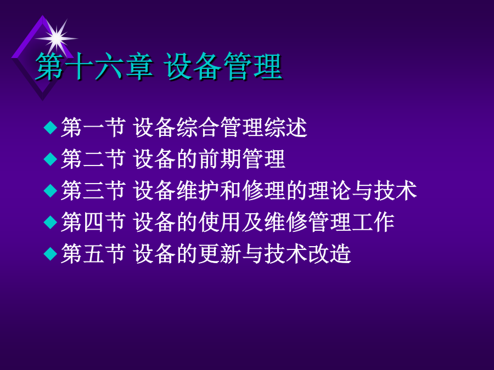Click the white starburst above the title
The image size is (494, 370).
57,38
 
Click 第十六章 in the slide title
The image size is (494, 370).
94,66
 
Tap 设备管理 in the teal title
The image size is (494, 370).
223,66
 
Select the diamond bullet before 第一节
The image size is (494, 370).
50,127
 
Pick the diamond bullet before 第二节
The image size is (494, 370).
50,159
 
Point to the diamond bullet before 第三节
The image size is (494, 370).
50,190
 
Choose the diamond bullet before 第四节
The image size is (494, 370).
50,222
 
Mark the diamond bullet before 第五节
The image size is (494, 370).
50,254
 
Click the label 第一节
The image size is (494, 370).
93,127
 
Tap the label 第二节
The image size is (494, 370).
93,159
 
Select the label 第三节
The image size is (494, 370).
93,190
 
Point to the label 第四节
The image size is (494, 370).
93,222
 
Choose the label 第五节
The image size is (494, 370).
93,254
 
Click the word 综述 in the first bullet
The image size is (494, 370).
286,127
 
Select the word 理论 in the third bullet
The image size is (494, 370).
329,190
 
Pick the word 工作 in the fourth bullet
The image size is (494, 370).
373,222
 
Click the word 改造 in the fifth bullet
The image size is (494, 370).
329,254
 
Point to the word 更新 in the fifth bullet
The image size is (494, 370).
220,254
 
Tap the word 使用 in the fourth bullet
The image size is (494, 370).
220,222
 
